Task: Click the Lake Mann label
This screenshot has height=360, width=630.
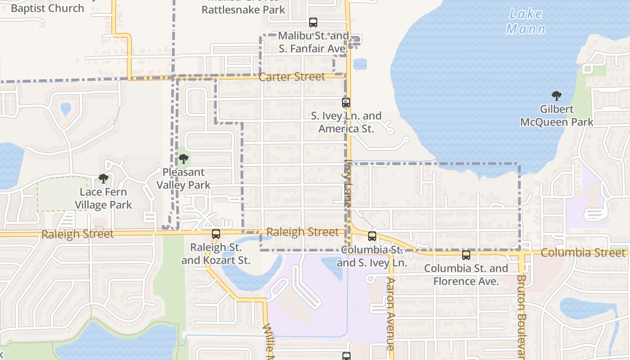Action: [526, 22]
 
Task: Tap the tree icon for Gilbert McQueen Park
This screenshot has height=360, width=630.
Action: [557, 95]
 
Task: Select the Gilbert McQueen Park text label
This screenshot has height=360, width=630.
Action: [557, 116]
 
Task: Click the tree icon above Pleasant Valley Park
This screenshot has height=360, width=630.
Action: [183, 158]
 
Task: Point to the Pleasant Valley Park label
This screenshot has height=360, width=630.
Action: [183, 179]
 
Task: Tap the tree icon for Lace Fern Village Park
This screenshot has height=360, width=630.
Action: [103, 179]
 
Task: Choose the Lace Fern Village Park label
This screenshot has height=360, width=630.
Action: [103, 198]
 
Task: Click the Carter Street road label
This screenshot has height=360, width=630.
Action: [292, 77]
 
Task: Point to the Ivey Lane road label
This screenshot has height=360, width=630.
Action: [348, 184]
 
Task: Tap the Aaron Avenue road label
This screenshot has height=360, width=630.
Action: [390, 314]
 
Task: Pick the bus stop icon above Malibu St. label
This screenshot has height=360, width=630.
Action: [313, 22]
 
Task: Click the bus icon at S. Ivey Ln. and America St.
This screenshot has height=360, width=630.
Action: [346, 103]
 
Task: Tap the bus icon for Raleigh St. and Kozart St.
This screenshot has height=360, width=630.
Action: [216, 234]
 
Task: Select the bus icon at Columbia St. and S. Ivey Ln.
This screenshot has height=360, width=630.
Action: [372, 236]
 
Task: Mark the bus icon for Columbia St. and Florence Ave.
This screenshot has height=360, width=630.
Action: [466, 255]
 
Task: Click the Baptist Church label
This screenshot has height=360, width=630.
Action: [47, 8]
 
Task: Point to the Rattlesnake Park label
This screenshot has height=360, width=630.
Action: [243, 9]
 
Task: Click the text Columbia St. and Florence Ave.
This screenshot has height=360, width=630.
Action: [466, 275]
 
